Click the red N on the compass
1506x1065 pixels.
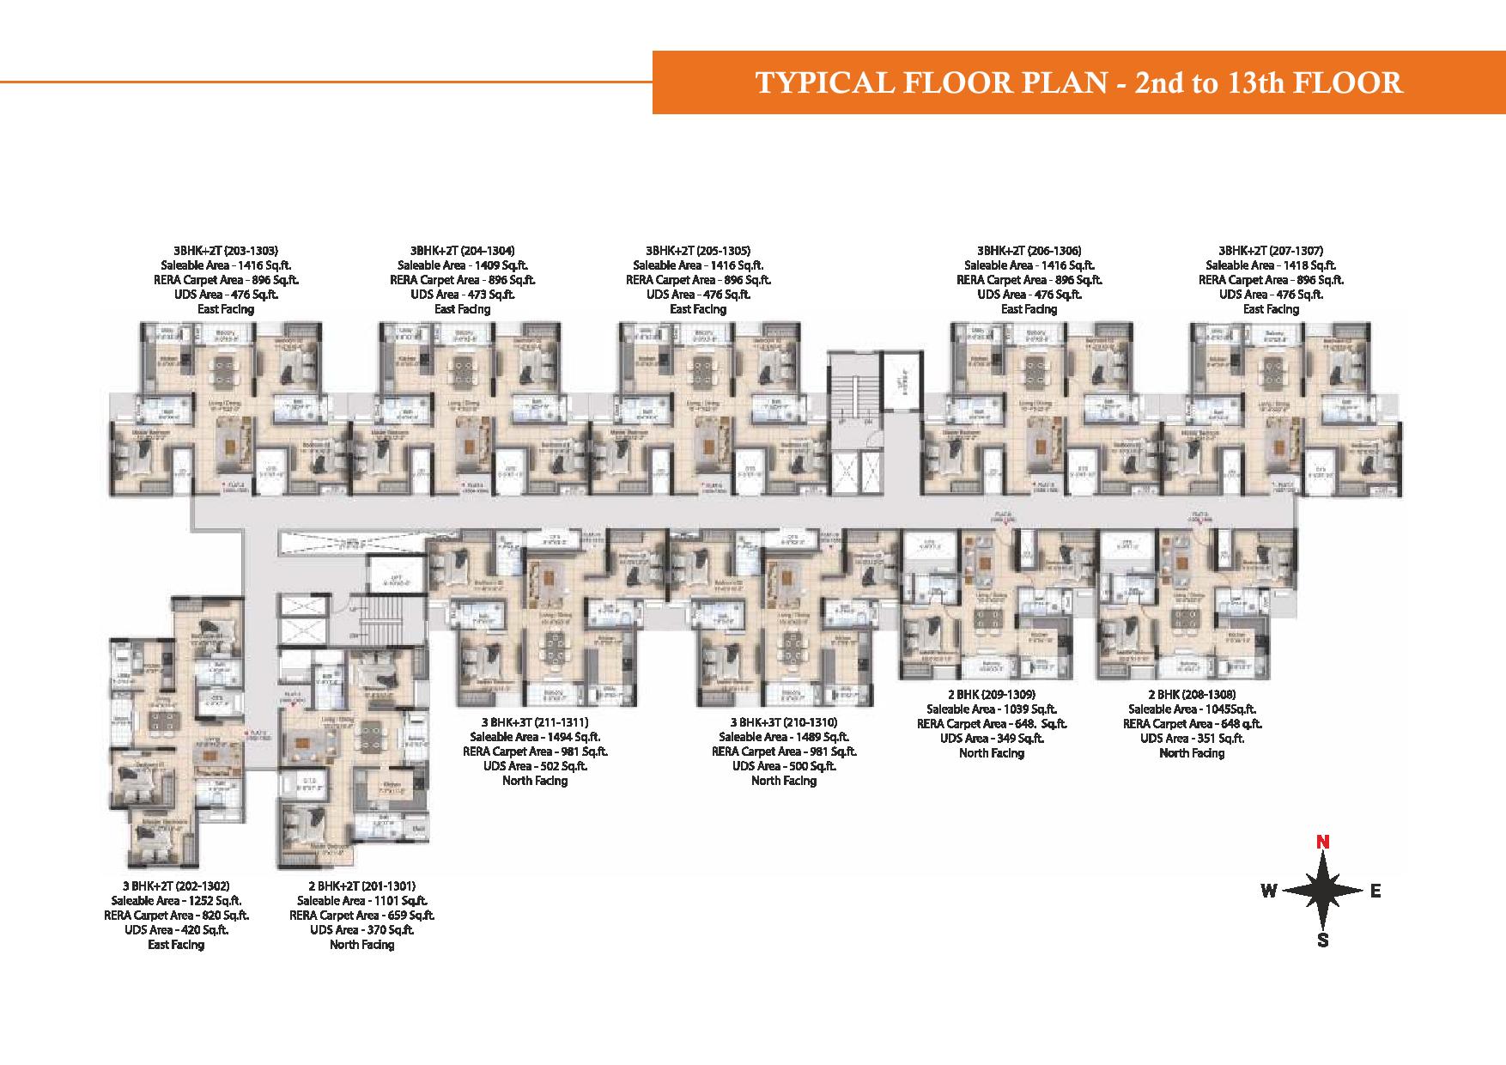point(1323,843)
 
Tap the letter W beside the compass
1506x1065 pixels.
point(1268,891)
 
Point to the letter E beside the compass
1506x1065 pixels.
point(1375,891)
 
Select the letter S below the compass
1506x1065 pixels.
point(1323,940)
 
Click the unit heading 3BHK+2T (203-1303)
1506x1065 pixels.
point(224,251)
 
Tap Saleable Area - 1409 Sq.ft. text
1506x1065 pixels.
point(462,265)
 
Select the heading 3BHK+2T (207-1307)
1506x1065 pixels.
point(1271,251)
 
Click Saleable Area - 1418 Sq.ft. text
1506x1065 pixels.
point(1271,265)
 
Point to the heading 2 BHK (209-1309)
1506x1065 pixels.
point(992,694)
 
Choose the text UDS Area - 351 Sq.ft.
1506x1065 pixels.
point(1192,738)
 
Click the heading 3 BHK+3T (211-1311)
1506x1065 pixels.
point(535,722)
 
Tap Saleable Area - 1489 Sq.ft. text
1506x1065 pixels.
point(784,737)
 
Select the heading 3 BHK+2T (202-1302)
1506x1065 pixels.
point(176,885)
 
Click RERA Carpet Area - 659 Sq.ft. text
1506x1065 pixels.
point(361,916)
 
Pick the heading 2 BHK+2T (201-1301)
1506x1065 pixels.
point(361,885)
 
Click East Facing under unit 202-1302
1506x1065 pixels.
point(176,945)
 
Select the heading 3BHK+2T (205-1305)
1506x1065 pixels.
point(698,251)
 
